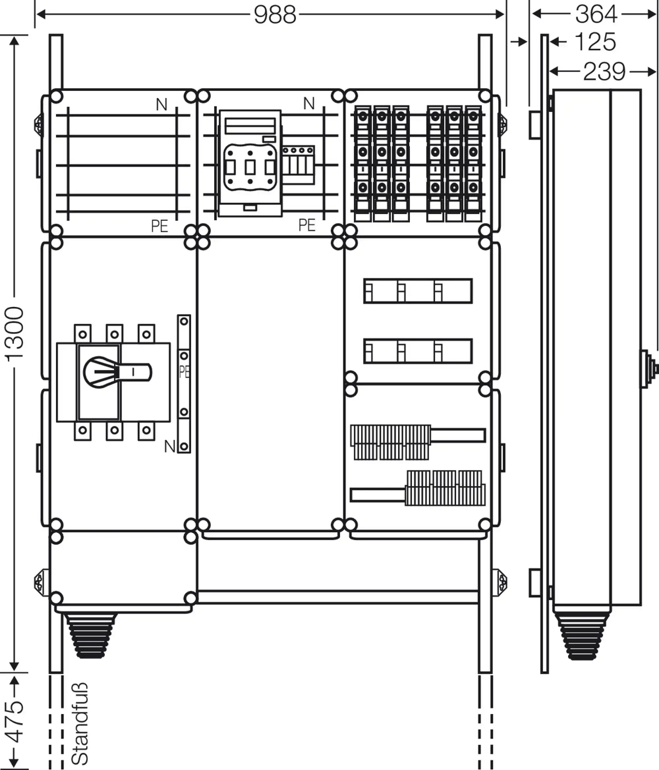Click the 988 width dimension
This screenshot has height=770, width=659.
275,15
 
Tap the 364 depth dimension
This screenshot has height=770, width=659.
596,14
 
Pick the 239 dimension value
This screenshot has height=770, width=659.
604,71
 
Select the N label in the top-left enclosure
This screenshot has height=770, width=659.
161,105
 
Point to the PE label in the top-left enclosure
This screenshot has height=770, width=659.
159,226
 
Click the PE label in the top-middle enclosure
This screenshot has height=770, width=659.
307,225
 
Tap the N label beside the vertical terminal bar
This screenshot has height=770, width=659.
170,446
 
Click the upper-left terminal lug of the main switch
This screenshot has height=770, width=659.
83,334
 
